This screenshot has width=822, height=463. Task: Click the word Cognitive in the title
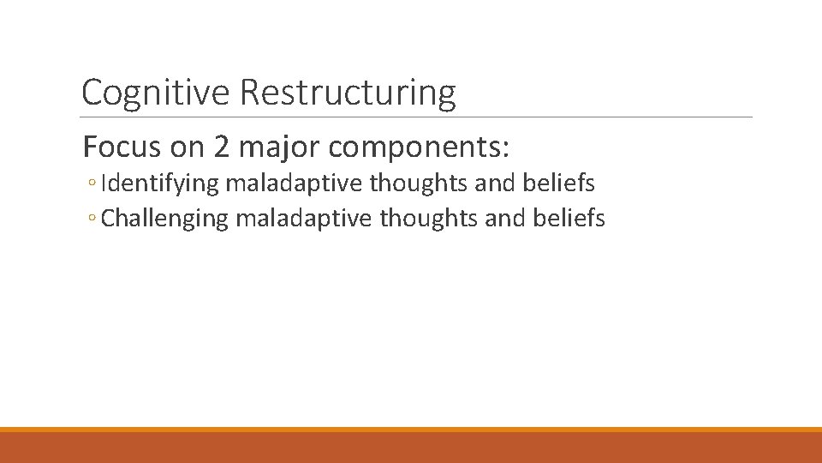157,93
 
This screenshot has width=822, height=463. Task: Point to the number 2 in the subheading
221,147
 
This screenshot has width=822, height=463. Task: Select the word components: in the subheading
419,147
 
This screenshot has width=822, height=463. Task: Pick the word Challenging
164,219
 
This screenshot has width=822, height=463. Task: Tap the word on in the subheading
188,147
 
